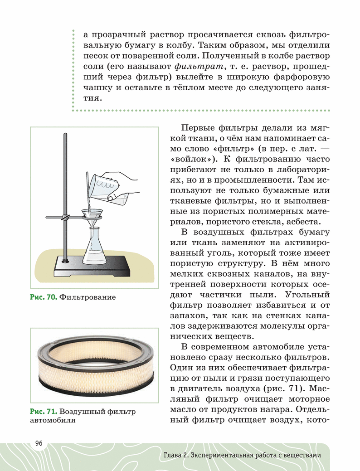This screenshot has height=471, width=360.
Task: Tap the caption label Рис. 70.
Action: point(44,297)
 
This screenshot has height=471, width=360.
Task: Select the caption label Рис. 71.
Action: point(44,412)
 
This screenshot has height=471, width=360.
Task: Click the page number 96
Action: point(39,443)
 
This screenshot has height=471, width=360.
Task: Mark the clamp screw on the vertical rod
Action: point(66,218)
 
